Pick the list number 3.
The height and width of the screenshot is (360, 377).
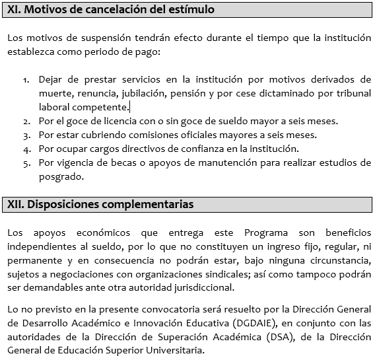(26, 135)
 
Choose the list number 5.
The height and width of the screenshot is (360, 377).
(26, 163)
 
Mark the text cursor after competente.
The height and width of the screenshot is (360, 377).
(129, 107)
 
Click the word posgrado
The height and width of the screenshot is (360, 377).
(61, 177)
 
